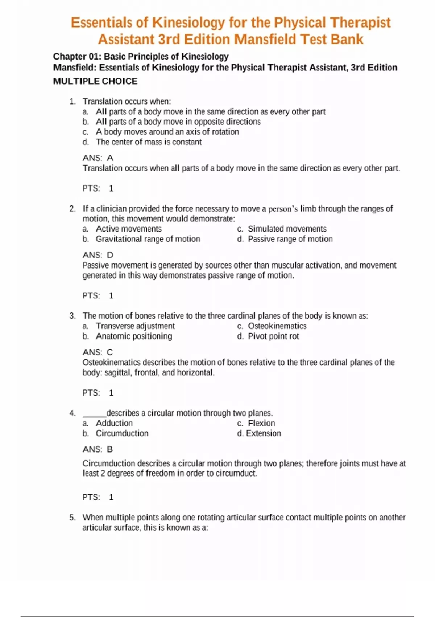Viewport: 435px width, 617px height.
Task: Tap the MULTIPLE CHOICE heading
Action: pyautogui.click(x=95, y=81)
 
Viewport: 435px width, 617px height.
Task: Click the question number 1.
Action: pyautogui.click(x=72, y=102)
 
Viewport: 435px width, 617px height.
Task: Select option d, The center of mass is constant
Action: pyautogui.click(x=149, y=142)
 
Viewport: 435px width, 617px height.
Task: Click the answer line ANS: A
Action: pyautogui.click(x=98, y=158)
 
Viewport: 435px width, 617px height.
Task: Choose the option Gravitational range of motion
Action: pyautogui.click(x=148, y=239)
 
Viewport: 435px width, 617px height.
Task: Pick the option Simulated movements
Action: pyautogui.click(x=287, y=229)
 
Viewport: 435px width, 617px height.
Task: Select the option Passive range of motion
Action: pyautogui.click(x=290, y=239)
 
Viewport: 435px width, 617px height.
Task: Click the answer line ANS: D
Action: pyautogui.click(x=98, y=255)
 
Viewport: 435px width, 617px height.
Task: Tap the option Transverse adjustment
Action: pyautogui.click(x=135, y=326)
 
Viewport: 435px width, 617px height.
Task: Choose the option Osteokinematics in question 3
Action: pyautogui.click(x=277, y=326)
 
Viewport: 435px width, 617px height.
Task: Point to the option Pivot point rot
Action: pyautogui.click(x=273, y=336)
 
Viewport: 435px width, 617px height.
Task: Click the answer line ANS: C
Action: pyautogui.click(x=98, y=352)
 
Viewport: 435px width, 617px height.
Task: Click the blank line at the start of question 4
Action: pyautogui.click(x=94, y=414)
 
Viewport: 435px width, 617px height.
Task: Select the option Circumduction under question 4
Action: pyautogui.click(x=122, y=433)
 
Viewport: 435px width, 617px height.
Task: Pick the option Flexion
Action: pyautogui.click(x=261, y=423)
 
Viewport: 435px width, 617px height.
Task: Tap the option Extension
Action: pyautogui.click(x=263, y=433)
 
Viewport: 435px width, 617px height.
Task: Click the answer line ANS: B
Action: pyautogui.click(x=98, y=449)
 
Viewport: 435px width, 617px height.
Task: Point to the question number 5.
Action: pyautogui.click(x=72, y=518)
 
